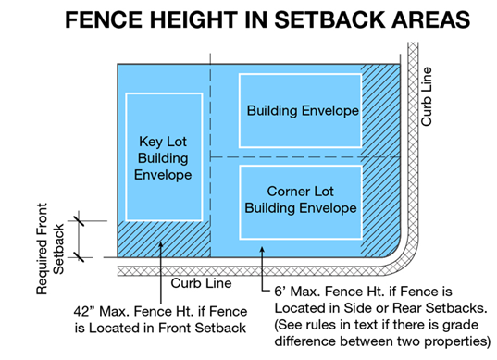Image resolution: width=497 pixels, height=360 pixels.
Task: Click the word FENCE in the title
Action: (x=104, y=19)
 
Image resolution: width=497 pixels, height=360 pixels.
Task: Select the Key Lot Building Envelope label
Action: (x=163, y=158)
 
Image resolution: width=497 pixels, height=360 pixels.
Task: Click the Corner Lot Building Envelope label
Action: (x=301, y=200)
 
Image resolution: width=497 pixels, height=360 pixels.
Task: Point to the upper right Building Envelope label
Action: (x=303, y=111)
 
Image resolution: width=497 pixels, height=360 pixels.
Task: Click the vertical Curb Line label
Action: (x=426, y=96)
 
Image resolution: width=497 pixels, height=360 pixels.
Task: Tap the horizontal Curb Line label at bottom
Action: (x=201, y=283)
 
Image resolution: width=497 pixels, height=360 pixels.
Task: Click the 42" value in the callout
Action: (x=84, y=311)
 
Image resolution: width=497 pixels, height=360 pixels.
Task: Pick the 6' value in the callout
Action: (x=280, y=292)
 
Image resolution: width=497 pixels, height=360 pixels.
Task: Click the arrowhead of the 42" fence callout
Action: (x=161, y=245)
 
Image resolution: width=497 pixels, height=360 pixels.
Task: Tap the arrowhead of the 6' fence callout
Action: (x=262, y=250)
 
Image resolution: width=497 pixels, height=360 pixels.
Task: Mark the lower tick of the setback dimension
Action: (x=79, y=257)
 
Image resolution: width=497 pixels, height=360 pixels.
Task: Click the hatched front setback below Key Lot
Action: (x=164, y=240)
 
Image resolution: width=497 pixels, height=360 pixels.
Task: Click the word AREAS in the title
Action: (x=431, y=19)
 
